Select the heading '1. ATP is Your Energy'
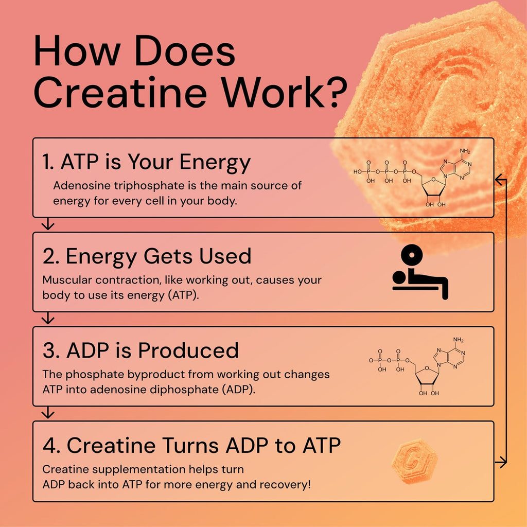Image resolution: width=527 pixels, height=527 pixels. pos(146,163)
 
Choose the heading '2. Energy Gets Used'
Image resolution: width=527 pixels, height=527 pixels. pos(147,256)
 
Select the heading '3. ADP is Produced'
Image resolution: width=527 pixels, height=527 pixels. pos(140,350)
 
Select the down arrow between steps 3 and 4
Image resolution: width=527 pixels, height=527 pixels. pos(48,412)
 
